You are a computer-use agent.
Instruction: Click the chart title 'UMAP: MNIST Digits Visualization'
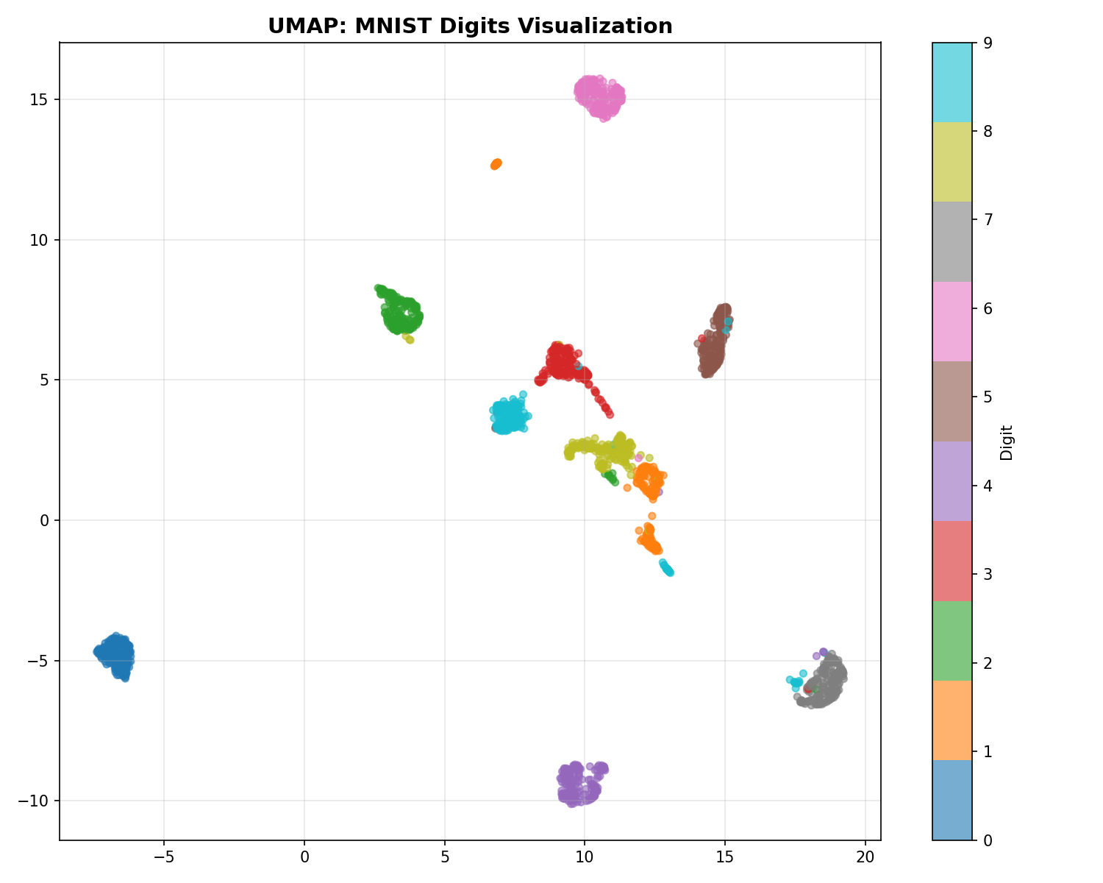pyautogui.click(x=470, y=26)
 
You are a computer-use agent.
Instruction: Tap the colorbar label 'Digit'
pyautogui.click(x=1007, y=442)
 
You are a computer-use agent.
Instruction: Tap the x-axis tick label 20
pyautogui.click(x=865, y=857)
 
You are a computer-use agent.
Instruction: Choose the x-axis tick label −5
pyautogui.click(x=163, y=857)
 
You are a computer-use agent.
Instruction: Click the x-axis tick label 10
pyautogui.click(x=585, y=857)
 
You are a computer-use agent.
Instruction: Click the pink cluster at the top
pyautogui.click(x=599, y=96)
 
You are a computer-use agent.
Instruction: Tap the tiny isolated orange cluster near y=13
pyautogui.click(x=496, y=164)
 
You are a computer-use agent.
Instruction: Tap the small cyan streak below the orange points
pyautogui.click(x=666, y=567)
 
